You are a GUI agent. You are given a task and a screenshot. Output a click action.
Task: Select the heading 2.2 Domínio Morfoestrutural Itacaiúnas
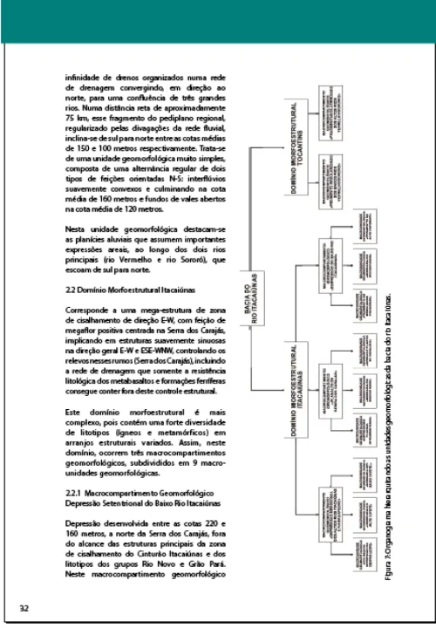tap(130, 286)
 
